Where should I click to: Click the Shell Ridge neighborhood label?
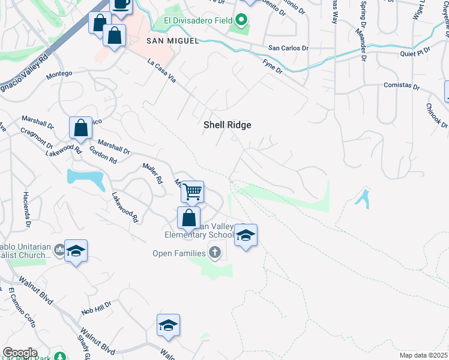(x=227, y=125)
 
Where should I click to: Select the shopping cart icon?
(x=192, y=193)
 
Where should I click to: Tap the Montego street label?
(x=59, y=74)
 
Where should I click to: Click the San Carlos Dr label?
(x=288, y=48)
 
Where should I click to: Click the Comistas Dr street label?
(x=402, y=86)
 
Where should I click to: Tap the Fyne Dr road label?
(x=273, y=66)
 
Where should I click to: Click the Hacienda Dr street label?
(x=27, y=210)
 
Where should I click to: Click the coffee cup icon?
(x=121, y=5)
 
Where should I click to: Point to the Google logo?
(x=20, y=353)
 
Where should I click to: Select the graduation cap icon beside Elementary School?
(x=246, y=235)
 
